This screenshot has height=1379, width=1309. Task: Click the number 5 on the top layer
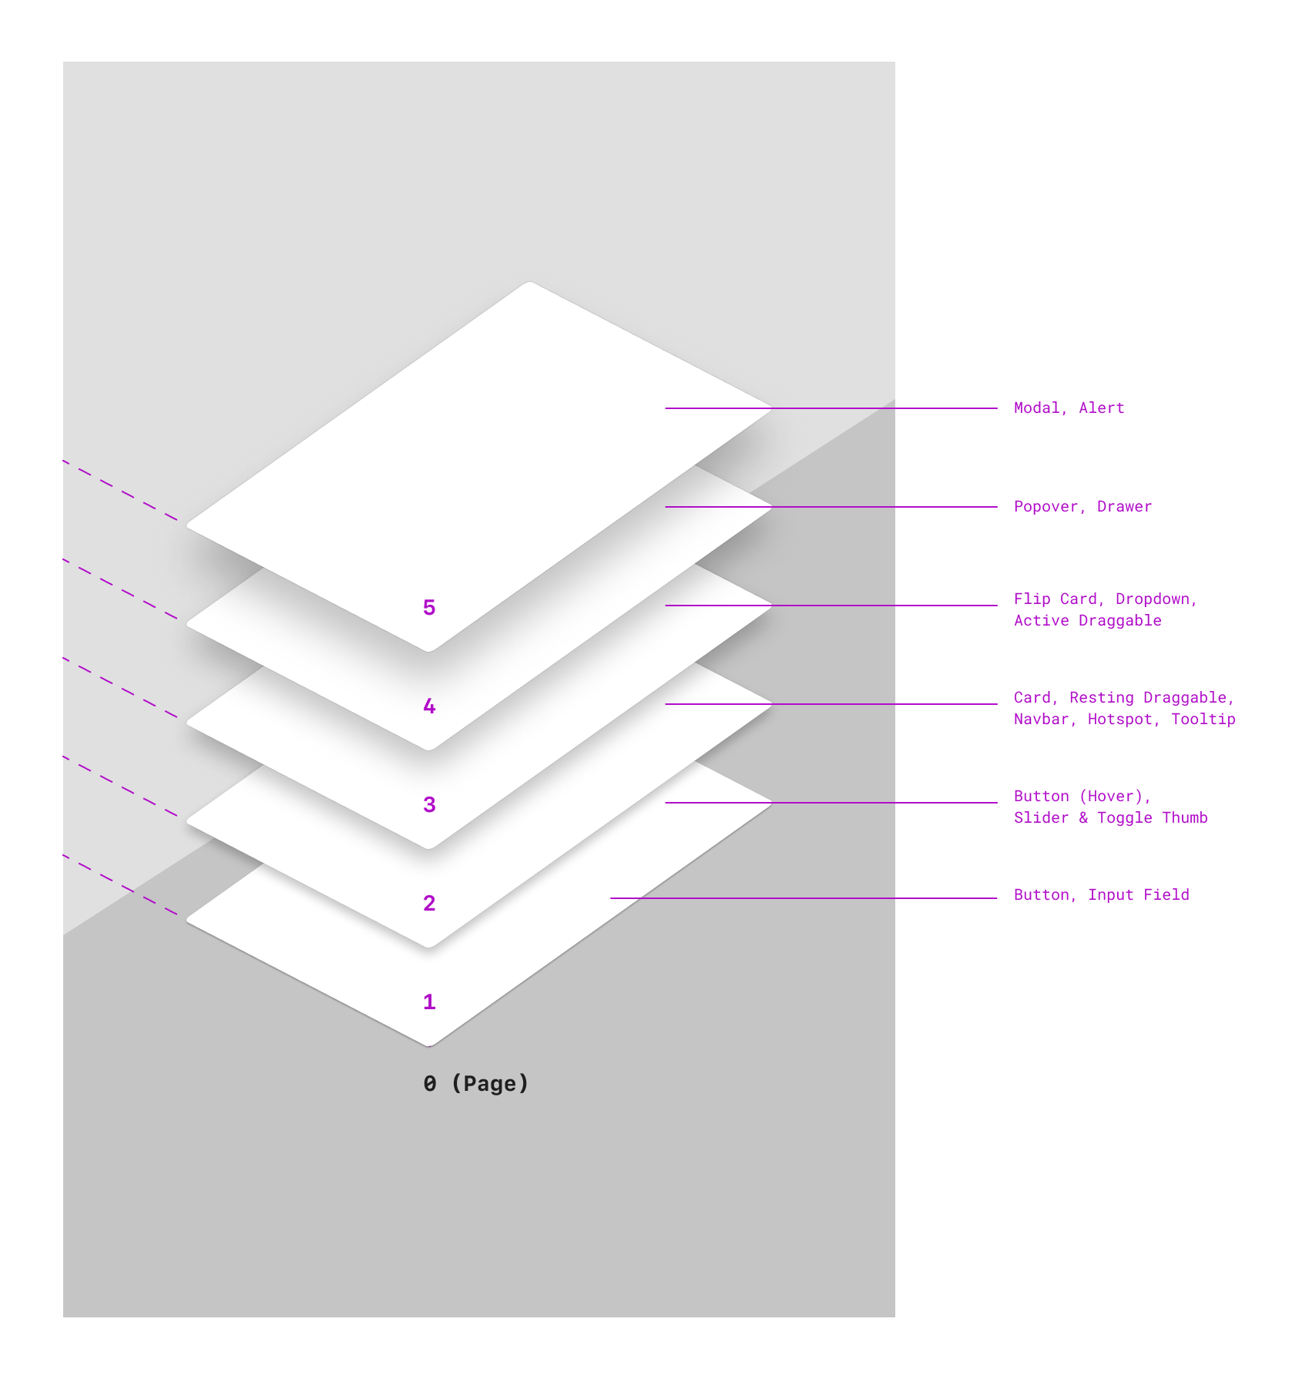point(429,608)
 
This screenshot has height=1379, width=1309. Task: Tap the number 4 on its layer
point(429,706)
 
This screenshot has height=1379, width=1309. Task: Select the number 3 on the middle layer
point(429,805)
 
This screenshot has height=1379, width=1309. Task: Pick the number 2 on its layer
point(429,904)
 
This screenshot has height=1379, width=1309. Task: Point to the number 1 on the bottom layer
point(429,1002)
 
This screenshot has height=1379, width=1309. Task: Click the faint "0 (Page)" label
point(475,1084)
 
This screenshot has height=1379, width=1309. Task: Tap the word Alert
point(1102,408)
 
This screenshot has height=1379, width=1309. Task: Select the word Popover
point(1046,507)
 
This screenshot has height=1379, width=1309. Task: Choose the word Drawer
point(1125,507)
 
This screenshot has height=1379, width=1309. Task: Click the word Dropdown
point(1153,599)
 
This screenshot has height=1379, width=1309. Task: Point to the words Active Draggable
point(1088,621)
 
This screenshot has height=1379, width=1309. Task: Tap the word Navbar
point(1041,720)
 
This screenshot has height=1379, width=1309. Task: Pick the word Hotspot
point(1121,720)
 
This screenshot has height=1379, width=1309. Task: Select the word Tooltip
point(1203,720)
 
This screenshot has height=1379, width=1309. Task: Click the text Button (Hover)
point(1080,797)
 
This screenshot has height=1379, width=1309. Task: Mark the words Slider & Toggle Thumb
point(1111,818)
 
